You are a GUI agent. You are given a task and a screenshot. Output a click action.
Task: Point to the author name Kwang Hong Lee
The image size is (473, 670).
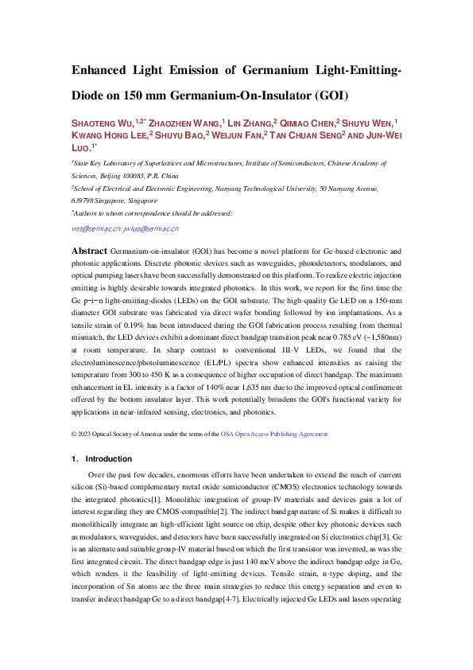tap(108, 135)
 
